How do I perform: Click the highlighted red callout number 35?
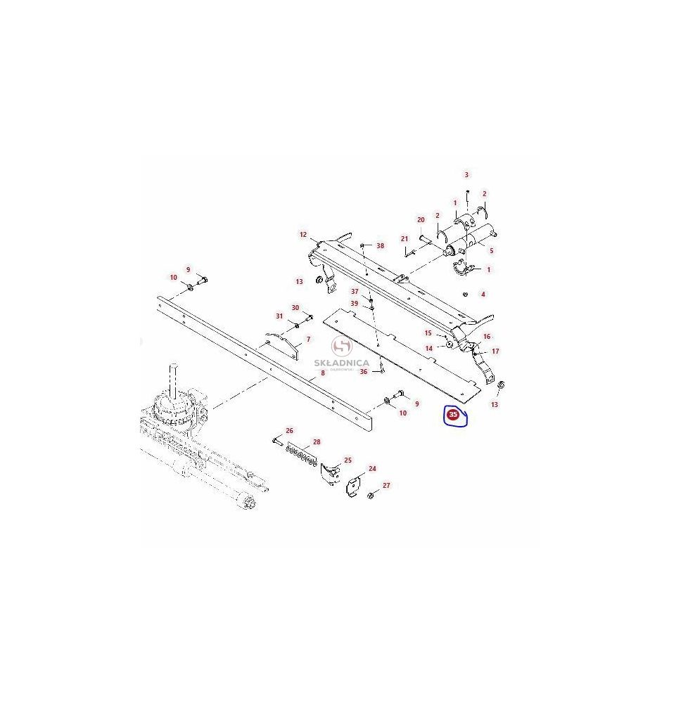452,415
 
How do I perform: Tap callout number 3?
466,175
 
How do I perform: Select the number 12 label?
303,235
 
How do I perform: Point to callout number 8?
322,373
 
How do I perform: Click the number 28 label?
317,442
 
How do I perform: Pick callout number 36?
364,372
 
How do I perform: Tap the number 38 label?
381,245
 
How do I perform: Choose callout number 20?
421,219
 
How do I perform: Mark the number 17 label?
495,351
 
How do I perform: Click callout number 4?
483,295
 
